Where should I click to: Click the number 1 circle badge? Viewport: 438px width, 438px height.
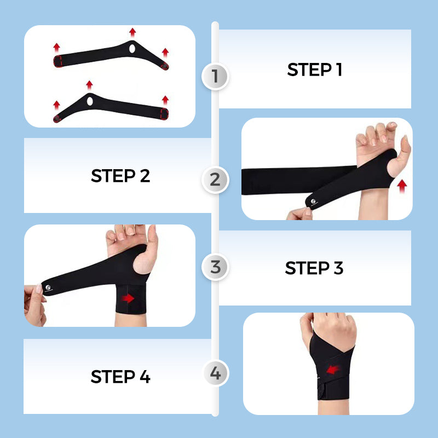point(215,76)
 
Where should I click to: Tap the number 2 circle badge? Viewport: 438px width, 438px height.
point(215,179)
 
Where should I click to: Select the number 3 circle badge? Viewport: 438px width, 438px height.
point(215,268)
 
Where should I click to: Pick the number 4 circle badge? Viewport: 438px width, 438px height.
point(215,374)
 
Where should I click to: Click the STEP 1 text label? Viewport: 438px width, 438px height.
point(314,70)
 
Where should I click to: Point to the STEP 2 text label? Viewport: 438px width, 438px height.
point(120,176)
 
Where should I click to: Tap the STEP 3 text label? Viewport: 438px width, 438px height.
point(314,268)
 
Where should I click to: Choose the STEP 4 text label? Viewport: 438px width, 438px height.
point(120,377)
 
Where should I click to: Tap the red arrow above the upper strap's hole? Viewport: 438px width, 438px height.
point(132,32)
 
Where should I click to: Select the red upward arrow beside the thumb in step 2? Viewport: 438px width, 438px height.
point(402,186)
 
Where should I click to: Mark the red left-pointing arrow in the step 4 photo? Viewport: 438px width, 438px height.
point(332,371)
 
